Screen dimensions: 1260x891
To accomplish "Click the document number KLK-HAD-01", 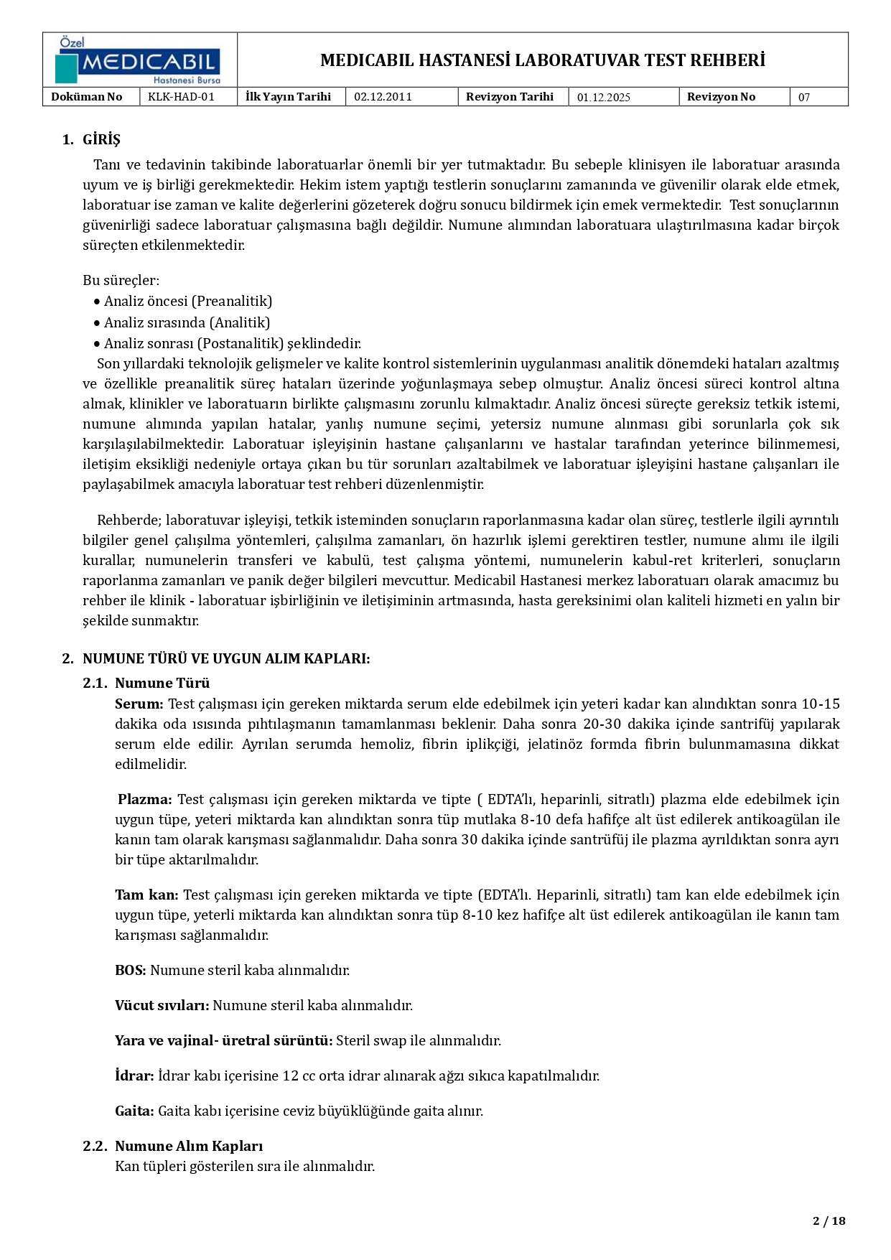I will coord(181,97).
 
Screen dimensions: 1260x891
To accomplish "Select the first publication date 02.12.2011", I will coord(383,97).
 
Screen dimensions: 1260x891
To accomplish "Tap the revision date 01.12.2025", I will coord(603,98).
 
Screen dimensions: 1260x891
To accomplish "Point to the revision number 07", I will coord(803,98).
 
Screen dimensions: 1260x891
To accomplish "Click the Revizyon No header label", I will coord(721,97).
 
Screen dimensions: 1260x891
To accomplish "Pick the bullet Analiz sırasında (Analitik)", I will coord(187,322).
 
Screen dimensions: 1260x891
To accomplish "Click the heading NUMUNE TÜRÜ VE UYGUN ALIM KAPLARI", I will coord(226,658).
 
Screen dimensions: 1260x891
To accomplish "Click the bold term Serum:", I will coord(139,704).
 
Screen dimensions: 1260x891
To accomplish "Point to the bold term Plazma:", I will coord(145,799).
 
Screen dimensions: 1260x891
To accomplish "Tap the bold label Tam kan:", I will coord(146,895).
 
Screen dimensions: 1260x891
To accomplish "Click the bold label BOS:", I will coord(130,970).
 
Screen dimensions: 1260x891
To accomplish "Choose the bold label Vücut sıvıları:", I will coord(162,1005).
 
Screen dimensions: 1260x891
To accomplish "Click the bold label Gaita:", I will coord(134,1111).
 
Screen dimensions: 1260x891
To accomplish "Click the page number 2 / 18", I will coord(829,1221).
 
